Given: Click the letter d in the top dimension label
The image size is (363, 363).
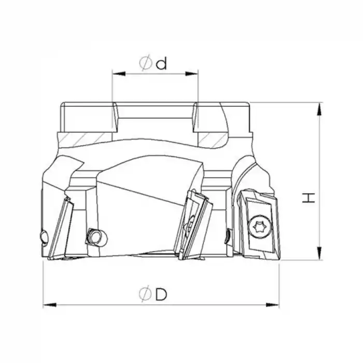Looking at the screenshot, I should tap(161, 63).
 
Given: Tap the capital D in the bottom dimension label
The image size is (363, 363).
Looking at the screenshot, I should tap(161, 294).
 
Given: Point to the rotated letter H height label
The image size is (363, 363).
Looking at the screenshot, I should tap(309, 198).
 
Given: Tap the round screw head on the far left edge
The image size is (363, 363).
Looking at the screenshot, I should tap(44, 238).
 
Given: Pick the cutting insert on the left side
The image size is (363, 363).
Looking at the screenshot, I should tap(62, 228).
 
